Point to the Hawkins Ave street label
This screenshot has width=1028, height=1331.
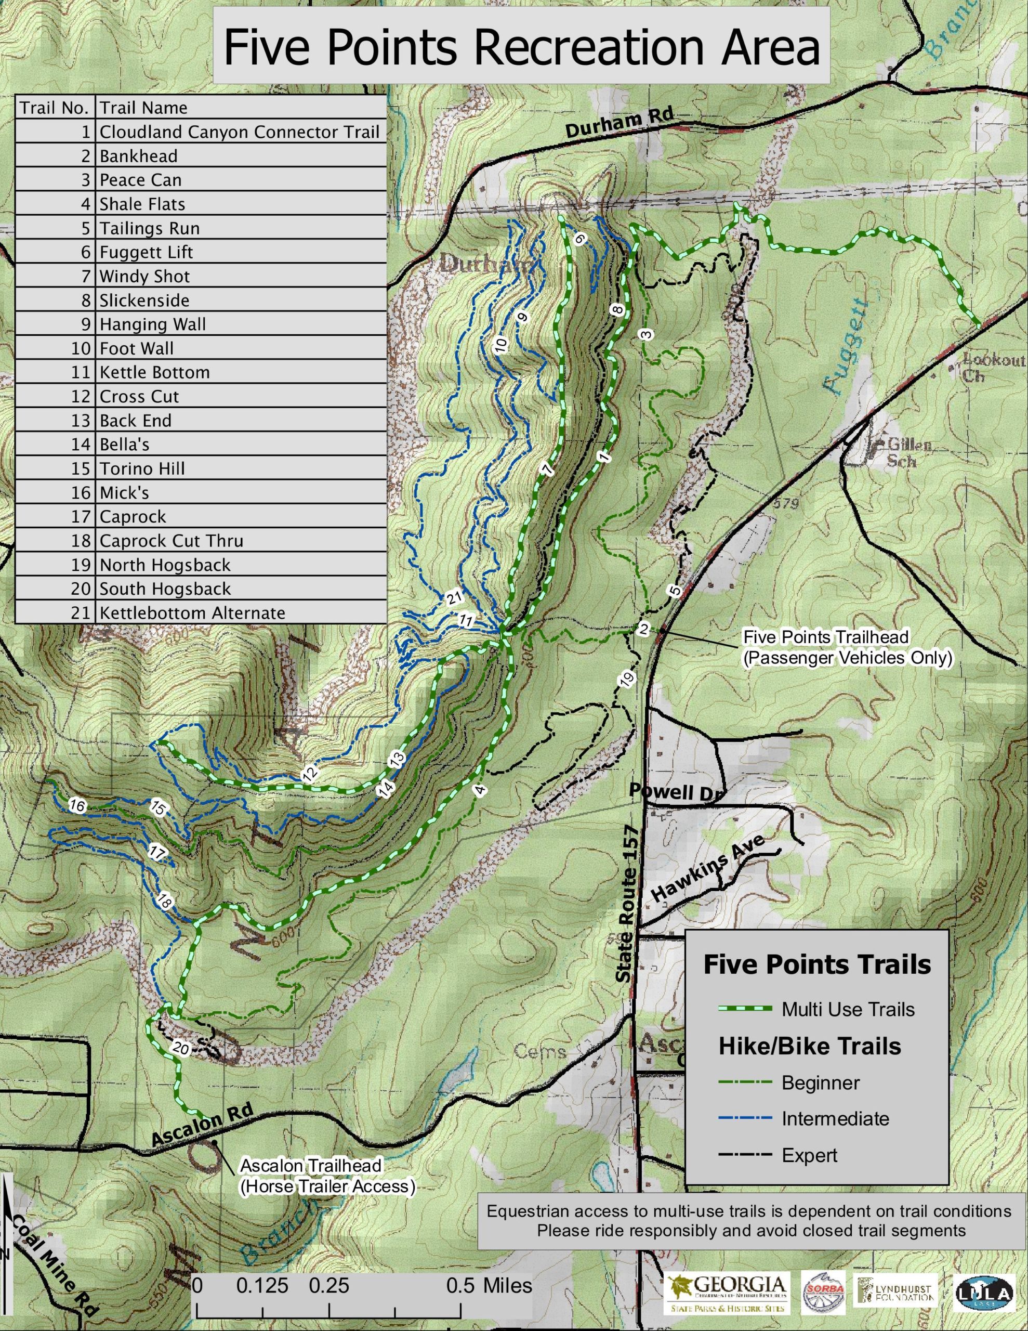click(x=707, y=868)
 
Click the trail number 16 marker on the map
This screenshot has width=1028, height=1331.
click(x=77, y=806)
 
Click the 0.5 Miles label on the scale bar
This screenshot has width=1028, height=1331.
click(x=489, y=1285)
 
